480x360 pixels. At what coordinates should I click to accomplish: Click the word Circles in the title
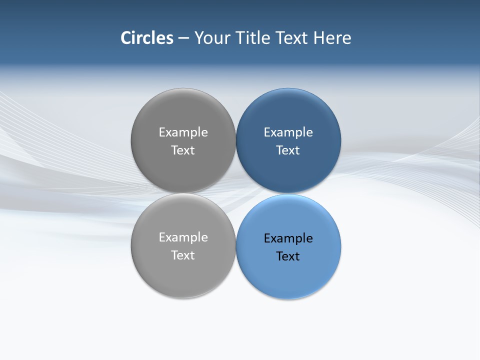[x=147, y=38]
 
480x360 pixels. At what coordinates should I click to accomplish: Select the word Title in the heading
[x=253, y=38]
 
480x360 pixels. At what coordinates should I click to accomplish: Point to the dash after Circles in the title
[x=183, y=38]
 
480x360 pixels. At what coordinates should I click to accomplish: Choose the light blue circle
[x=288, y=275]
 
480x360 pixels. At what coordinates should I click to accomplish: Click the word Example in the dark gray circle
[x=183, y=132]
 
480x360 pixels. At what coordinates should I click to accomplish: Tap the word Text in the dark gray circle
[x=183, y=150]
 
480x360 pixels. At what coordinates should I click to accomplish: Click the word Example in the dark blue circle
[x=288, y=132]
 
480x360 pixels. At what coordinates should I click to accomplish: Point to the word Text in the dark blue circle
[x=288, y=150]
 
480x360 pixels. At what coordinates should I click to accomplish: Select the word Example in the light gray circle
[x=183, y=237]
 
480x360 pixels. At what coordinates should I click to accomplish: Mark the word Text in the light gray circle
[x=183, y=255]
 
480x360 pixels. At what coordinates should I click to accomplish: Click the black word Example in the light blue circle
[x=288, y=238]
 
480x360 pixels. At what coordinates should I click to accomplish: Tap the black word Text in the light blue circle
[x=288, y=256]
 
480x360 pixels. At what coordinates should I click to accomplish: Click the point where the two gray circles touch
[x=183, y=193]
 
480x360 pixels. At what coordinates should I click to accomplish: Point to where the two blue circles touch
[x=288, y=193]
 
